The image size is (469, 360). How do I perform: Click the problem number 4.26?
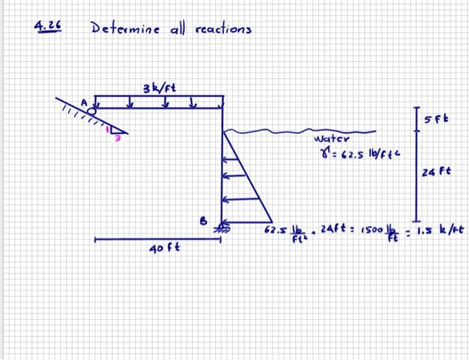coord(48,27)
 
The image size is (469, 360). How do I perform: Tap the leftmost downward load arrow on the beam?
coord(100,105)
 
